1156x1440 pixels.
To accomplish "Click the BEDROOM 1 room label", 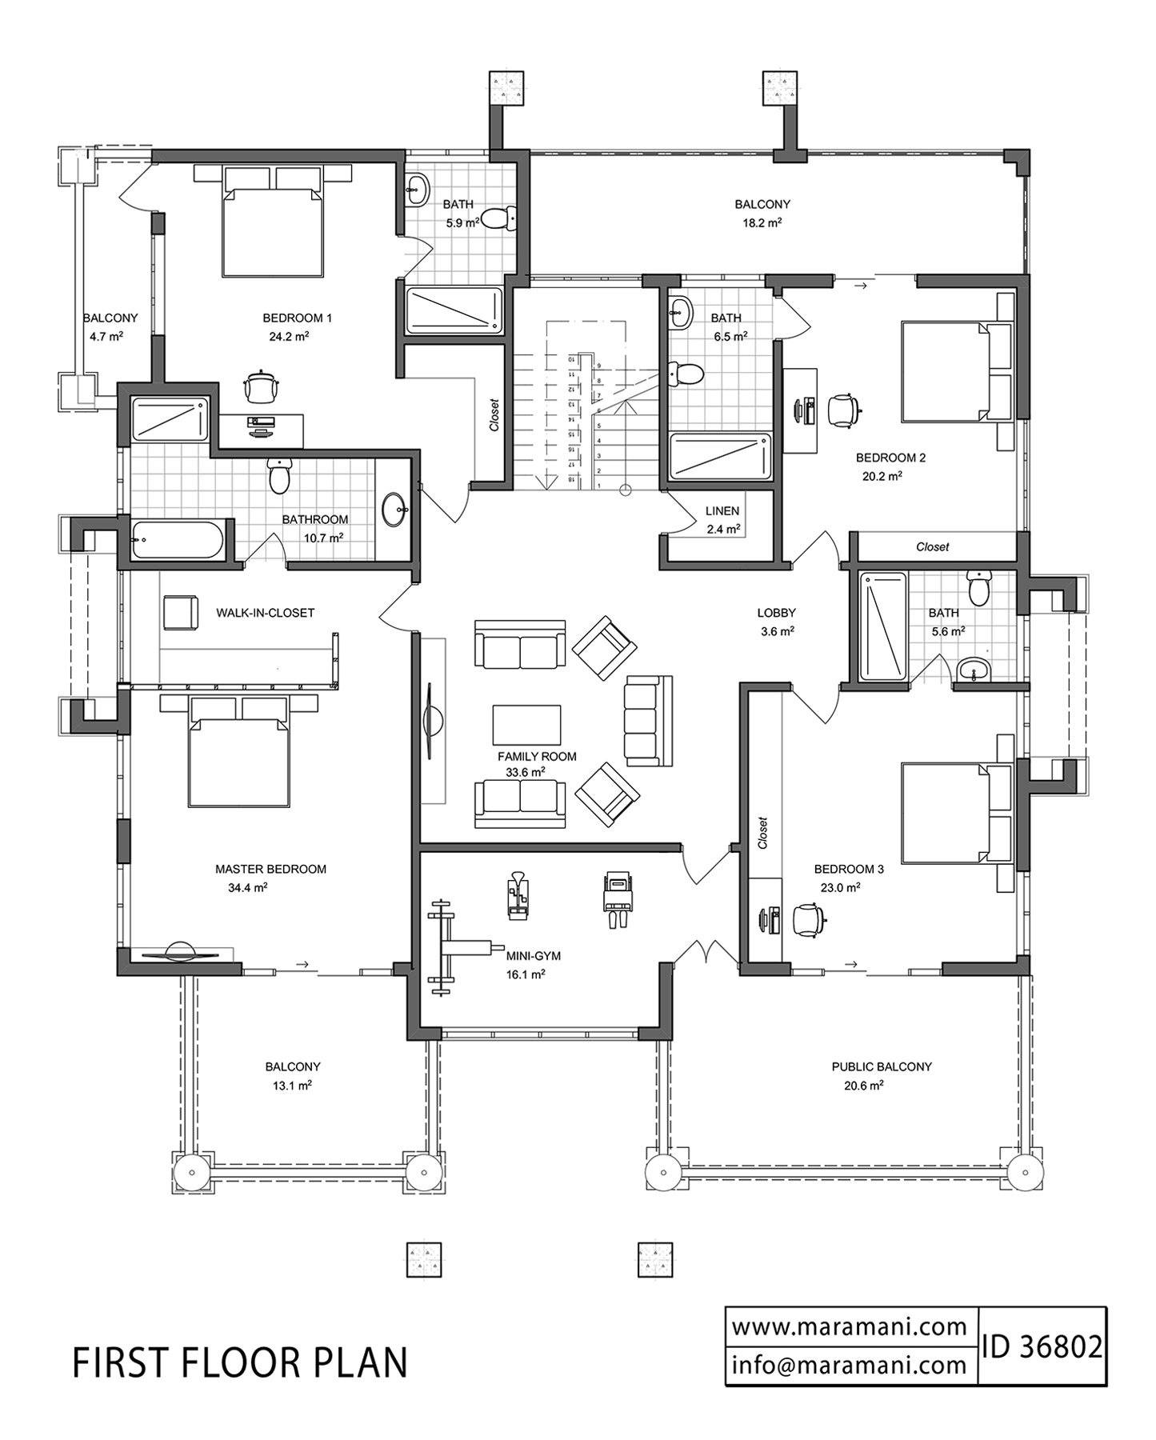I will click(x=297, y=318).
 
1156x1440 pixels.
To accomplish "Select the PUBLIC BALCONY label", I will click(x=881, y=1066).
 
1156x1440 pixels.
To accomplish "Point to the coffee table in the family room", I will click(x=526, y=725).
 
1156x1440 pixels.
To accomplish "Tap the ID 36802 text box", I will click(x=1042, y=1346).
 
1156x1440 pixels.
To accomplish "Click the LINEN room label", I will click(x=722, y=510).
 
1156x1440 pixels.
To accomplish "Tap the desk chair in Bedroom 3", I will click(x=809, y=919).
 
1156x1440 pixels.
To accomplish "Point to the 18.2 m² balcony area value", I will click(x=762, y=223).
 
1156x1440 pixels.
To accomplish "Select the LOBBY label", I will click(x=776, y=613).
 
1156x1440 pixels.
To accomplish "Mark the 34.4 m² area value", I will click(x=247, y=887).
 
